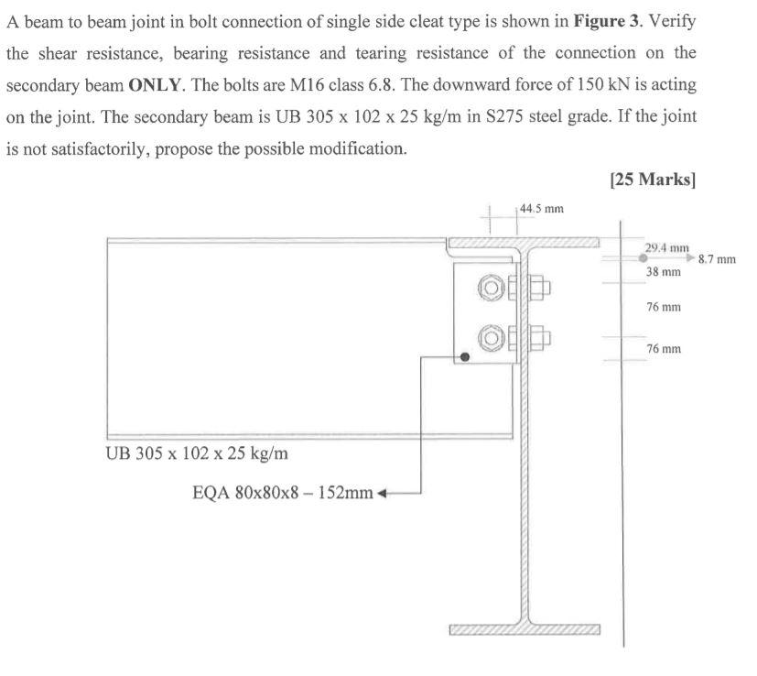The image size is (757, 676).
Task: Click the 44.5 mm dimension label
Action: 541,209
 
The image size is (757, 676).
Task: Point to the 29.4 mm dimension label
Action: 667,247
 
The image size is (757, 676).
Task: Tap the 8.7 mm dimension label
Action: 717,260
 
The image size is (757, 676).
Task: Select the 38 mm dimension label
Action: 664,272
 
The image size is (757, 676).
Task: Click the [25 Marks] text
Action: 652,180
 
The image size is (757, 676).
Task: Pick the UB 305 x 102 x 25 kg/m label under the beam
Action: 199,453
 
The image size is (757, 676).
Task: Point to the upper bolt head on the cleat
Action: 491,286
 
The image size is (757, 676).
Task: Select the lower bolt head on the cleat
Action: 491,339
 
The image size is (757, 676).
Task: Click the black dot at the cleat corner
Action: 465,357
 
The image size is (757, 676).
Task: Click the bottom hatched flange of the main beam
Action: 524,630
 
